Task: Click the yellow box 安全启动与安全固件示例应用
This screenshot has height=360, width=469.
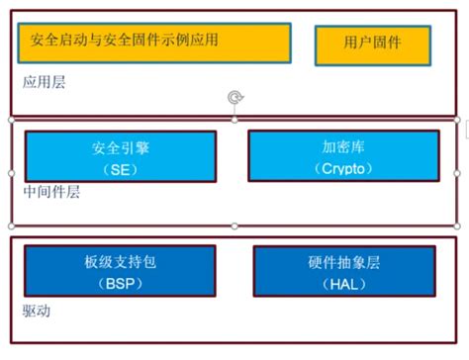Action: click(x=153, y=43)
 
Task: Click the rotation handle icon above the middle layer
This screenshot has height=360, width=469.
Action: click(x=234, y=97)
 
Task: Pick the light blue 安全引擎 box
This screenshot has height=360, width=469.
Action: click(x=120, y=157)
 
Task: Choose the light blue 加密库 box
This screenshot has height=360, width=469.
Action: click(x=342, y=155)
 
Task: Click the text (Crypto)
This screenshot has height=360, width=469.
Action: click(x=342, y=169)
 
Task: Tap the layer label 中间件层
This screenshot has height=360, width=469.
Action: click(x=50, y=192)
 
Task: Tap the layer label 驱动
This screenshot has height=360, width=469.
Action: click(x=36, y=311)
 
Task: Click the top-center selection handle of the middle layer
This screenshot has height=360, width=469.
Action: click(x=234, y=120)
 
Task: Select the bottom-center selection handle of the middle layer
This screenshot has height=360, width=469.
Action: click(x=234, y=226)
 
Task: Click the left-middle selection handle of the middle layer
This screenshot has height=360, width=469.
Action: click(x=11, y=173)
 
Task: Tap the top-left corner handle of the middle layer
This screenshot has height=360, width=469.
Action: click(x=11, y=120)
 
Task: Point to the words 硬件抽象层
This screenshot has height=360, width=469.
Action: click(x=344, y=263)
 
